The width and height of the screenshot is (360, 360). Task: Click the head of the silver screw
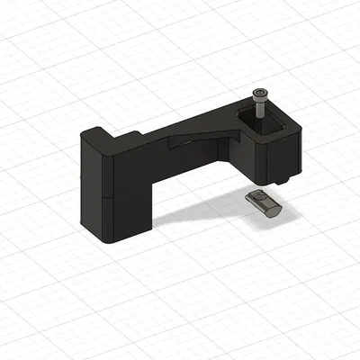point(261,94)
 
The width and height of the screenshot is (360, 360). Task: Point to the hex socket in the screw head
point(261,93)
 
